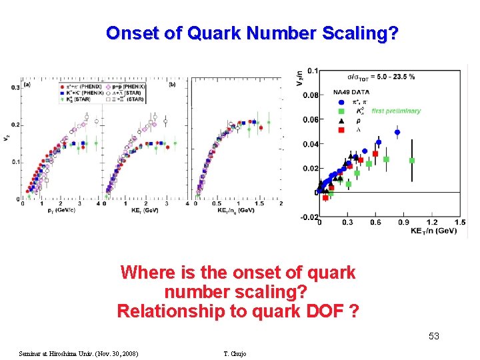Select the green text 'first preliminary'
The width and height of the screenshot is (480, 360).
[x=396, y=111]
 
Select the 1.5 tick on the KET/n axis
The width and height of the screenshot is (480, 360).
[x=460, y=222]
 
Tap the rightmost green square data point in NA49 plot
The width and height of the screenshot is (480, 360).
[x=412, y=161]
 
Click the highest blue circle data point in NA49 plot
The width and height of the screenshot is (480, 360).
[x=397, y=132]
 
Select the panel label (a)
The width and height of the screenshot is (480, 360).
[x=27, y=85]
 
